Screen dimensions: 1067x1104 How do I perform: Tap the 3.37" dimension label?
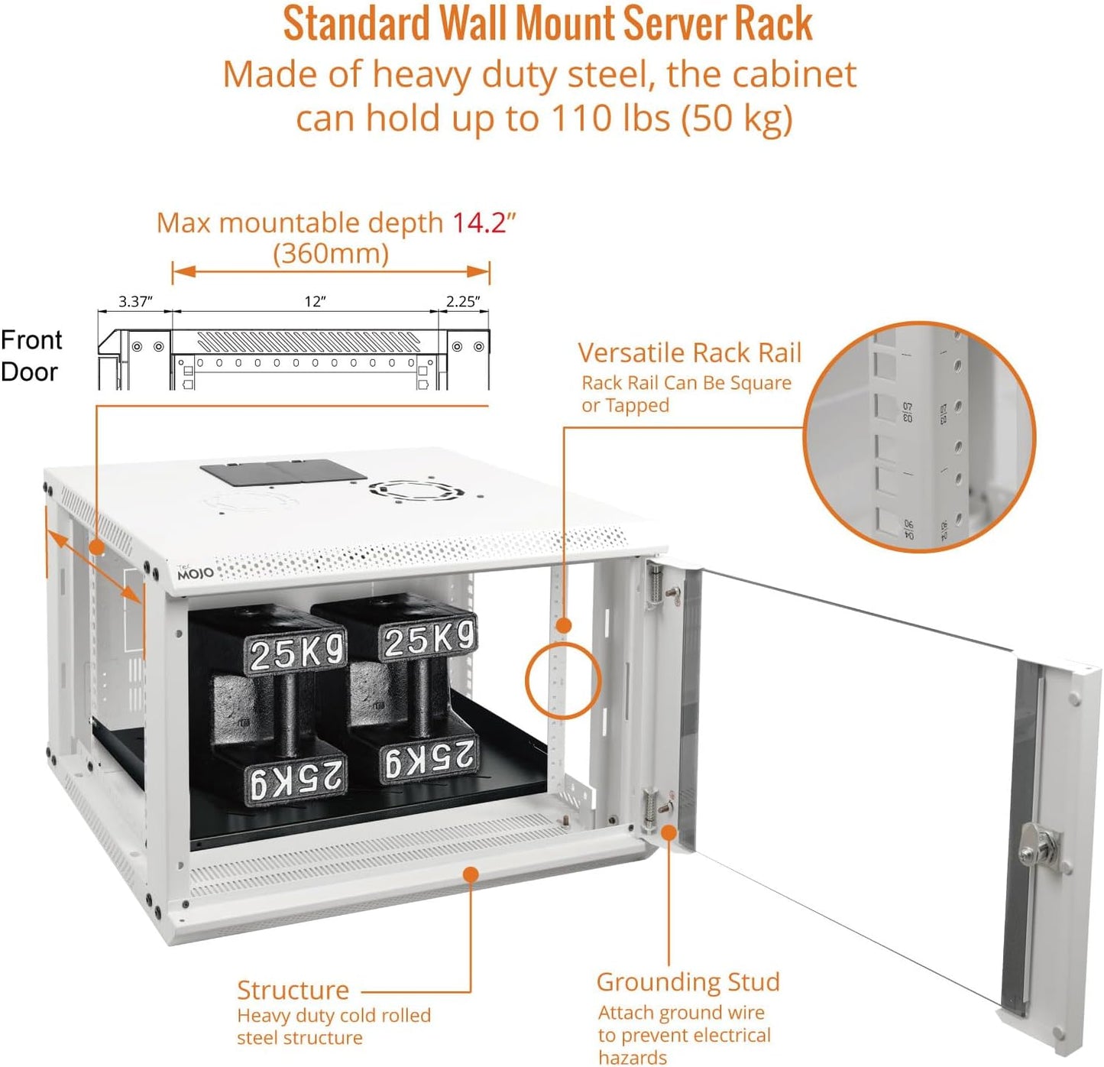(135, 301)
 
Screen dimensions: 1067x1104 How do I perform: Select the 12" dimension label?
(315, 301)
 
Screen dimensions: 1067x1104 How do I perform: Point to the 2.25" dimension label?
(463, 301)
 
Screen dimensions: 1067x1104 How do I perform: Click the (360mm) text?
(331, 254)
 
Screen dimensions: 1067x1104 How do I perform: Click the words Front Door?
(31, 355)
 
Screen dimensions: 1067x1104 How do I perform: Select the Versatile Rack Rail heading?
(689, 353)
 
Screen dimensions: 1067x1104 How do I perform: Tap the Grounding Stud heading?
(688, 982)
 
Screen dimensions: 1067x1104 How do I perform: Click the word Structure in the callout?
(293, 991)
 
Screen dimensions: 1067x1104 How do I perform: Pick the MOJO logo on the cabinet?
(196, 572)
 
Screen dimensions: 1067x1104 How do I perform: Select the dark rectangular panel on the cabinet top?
(283, 472)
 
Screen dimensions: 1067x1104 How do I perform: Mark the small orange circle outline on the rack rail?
(563, 680)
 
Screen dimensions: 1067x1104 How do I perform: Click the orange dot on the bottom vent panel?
(471, 874)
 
